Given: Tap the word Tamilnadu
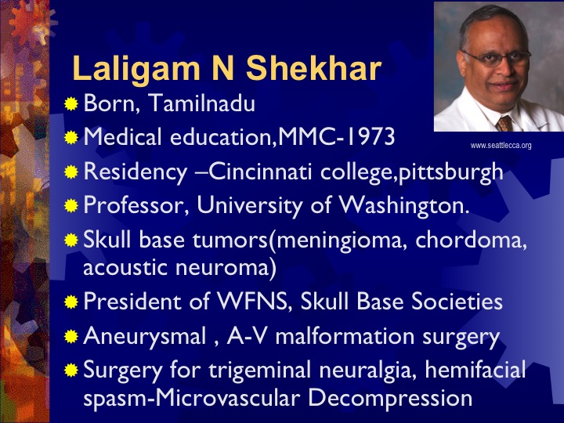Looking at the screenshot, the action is tap(201, 103).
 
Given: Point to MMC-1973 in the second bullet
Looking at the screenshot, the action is tap(337, 136).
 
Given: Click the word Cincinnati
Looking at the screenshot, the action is tap(260, 172).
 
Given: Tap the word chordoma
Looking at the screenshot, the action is tap(471, 240).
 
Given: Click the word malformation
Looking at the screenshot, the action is tap(345, 335).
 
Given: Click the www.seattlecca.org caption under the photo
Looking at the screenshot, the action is tap(501, 146).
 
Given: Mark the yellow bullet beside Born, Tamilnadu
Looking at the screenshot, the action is tap(71, 103).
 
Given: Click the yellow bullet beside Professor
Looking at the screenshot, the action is tap(71, 206).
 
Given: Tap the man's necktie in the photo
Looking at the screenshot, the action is tap(505, 124).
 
